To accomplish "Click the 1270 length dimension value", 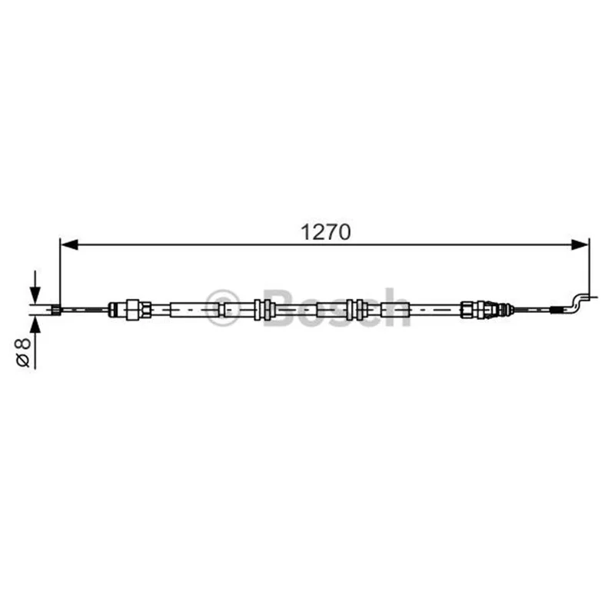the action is click(x=325, y=232).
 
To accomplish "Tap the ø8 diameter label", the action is click(x=23, y=353).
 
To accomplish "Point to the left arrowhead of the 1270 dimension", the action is click(x=70, y=244).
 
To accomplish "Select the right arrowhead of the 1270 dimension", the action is click(x=580, y=244).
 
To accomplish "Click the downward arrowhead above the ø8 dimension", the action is click(x=35, y=294).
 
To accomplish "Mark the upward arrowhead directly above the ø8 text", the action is click(x=35, y=326).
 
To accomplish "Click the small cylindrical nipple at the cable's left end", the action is click(x=56, y=310).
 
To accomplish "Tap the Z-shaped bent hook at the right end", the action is click(x=577, y=304).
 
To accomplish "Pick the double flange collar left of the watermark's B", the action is click(x=262, y=310).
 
